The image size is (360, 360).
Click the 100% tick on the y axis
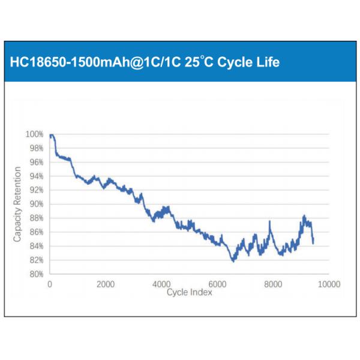(35, 134)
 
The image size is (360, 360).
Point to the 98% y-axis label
(36, 148)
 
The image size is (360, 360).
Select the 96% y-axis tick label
(36, 162)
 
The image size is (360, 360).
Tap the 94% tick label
(36, 176)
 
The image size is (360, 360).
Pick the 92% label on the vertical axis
(36, 190)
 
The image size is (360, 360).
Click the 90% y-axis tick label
(36, 204)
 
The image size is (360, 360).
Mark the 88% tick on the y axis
(36, 218)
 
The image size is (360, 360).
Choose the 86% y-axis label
(36, 232)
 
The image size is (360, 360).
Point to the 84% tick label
(36, 246)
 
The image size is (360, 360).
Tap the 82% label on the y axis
(36, 260)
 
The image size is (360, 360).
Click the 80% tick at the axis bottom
(36, 274)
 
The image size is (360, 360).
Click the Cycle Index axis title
(189, 292)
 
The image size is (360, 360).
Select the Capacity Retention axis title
(17, 204)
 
